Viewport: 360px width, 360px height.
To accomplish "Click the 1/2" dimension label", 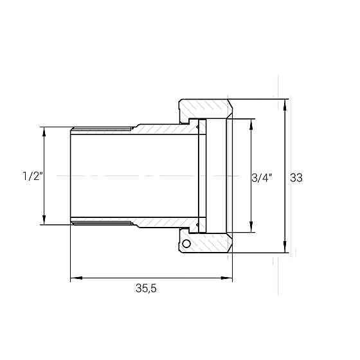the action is [33, 176].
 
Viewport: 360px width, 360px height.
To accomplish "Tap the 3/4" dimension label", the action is [262, 177].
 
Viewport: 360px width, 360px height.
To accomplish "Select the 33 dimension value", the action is [296, 177].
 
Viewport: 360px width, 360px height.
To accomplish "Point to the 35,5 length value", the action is [146, 288].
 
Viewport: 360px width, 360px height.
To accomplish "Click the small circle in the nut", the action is [186, 244].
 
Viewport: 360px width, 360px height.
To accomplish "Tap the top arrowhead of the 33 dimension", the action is [285, 105].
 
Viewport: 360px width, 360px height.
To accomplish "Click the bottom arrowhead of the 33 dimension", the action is [285, 247].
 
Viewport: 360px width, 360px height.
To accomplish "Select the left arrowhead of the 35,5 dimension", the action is [76, 278].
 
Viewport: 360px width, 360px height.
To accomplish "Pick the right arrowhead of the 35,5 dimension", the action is [226, 278].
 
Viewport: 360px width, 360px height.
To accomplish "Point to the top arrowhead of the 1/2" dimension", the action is [44, 132].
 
